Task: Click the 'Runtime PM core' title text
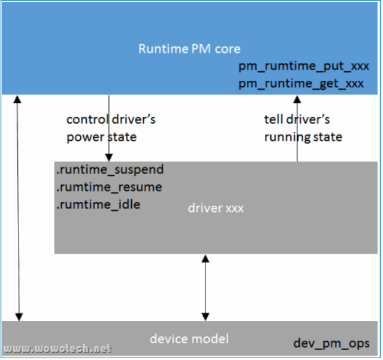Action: tap(189, 48)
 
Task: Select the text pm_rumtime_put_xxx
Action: tap(300, 67)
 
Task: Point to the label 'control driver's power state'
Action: tap(110, 128)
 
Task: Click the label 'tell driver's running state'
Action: tap(303, 128)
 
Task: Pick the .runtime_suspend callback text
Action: tap(109, 170)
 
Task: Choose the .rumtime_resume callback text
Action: tap(109, 187)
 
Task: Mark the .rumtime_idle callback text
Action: tap(98, 204)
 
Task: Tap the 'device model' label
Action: tap(189, 339)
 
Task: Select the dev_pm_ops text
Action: tap(331, 343)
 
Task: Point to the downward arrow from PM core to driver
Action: tap(108, 128)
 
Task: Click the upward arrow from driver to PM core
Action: tap(297, 128)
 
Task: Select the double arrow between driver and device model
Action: tap(205, 288)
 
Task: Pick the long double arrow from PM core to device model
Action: tap(18, 208)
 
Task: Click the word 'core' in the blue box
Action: tap(227, 48)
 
